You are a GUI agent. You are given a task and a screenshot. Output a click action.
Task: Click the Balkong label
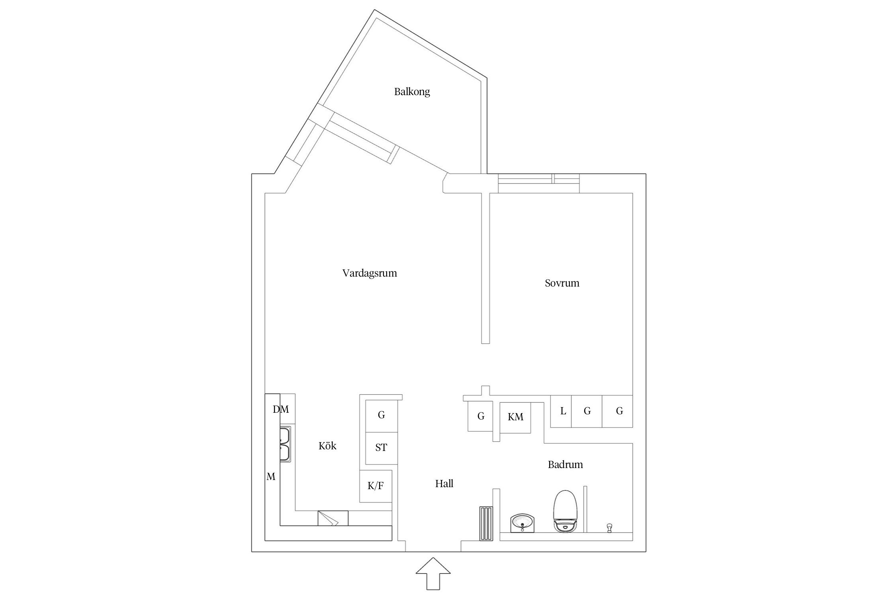coord(412,92)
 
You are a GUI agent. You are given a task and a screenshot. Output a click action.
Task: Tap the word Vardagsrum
coord(370,273)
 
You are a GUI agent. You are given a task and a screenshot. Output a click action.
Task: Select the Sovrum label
coord(562,283)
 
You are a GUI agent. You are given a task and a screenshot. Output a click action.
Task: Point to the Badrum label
coord(565,464)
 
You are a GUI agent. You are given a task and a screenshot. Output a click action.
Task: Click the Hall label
coord(444,484)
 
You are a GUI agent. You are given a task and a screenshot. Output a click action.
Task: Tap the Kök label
coord(327,446)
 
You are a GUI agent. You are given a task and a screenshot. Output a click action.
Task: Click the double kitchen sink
coord(285,444)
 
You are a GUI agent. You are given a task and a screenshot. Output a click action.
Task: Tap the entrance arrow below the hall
coord(433,574)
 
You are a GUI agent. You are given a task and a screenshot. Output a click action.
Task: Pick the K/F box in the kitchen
coord(376,486)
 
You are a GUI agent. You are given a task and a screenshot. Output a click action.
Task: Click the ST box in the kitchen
coord(381,448)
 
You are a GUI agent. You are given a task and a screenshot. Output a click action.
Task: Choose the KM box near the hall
coord(515,417)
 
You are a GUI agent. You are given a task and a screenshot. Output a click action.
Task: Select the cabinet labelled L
coord(563,411)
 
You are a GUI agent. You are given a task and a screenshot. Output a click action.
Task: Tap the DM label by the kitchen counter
coord(281,409)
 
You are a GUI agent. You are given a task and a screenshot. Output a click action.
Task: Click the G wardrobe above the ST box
coord(381,415)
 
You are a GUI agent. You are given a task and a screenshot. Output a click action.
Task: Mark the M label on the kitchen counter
coord(271,476)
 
